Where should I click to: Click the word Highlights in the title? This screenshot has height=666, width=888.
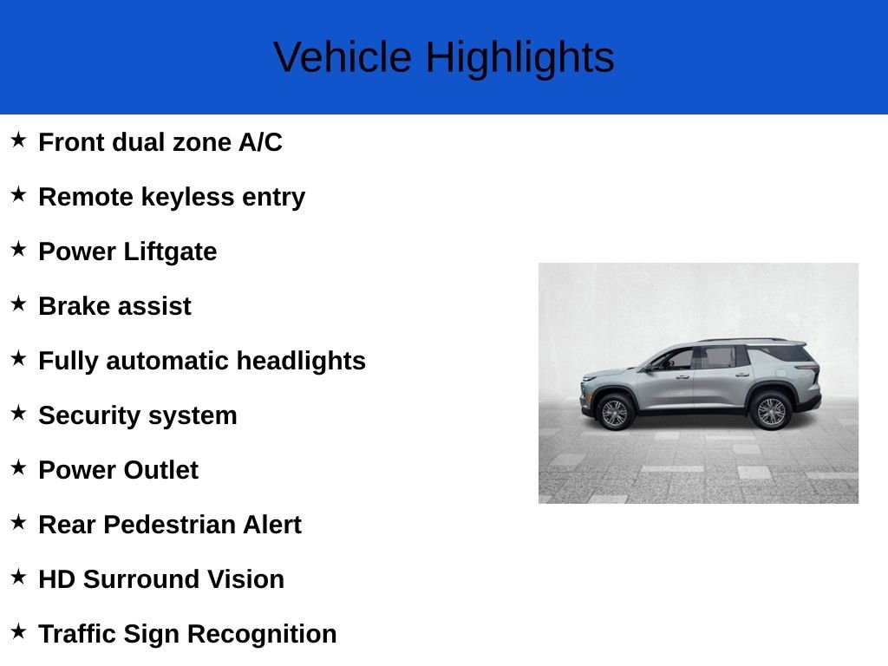click(x=520, y=58)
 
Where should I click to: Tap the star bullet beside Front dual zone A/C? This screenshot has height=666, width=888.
click(x=18, y=140)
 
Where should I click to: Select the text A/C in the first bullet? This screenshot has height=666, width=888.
click(x=260, y=142)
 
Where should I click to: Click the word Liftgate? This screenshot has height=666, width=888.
click(x=170, y=252)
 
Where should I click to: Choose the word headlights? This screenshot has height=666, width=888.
click(x=301, y=362)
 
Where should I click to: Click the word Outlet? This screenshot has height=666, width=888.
click(x=160, y=470)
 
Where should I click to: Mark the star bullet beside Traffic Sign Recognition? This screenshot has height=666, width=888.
click(x=18, y=631)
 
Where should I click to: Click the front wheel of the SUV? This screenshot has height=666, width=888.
click(x=615, y=412)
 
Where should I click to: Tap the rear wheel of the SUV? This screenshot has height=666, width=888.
click(x=771, y=411)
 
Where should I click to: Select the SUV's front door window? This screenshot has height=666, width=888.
click(x=675, y=359)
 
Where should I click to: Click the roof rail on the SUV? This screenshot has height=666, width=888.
click(x=742, y=340)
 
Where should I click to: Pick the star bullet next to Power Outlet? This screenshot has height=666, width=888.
click(x=18, y=467)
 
